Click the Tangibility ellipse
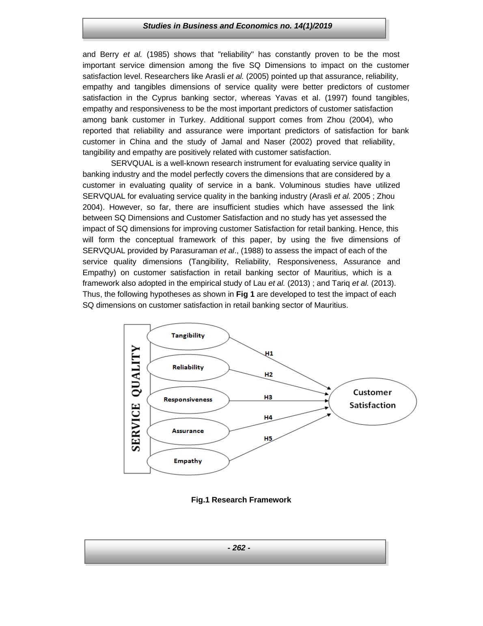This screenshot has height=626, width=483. click(x=188, y=336)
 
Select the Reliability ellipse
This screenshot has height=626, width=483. click(x=188, y=368)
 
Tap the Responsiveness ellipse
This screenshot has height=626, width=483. click(x=188, y=400)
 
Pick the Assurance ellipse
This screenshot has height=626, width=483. click(x=188, y=431)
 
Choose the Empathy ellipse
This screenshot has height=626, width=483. click(x=188, y=461)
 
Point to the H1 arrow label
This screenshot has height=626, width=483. click(x=269, y=354)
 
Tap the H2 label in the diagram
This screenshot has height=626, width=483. click(x=269, y=375)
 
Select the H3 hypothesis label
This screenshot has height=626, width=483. click(x=268, y=398)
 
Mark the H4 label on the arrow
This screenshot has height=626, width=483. click(x=268, y=418)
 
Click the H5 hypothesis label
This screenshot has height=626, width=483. click(x=268, y=439)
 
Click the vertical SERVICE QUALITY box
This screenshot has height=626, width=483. click(x=137, y=398)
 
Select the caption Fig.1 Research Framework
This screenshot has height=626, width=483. click(x=241, y=500)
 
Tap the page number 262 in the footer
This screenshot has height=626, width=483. click(x=239, y=548)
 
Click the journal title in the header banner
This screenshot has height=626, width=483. click(x=237, y=26)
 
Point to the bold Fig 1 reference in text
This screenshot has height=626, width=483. click(x=245, y=294)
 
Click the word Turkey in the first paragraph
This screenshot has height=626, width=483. click(x=193, y=120)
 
